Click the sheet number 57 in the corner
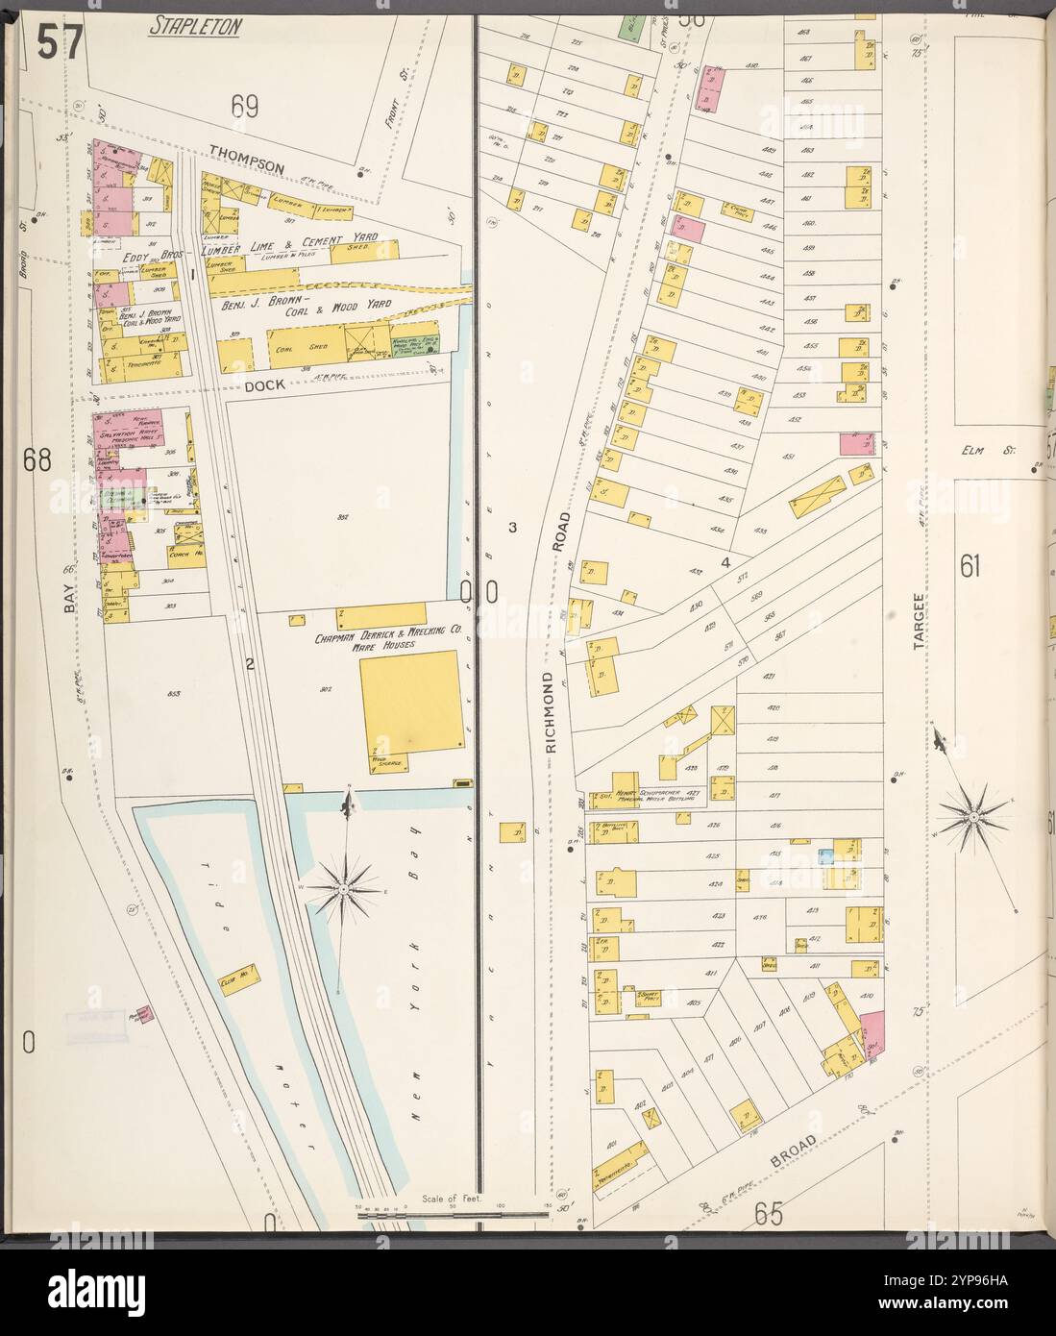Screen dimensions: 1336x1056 [x=61, y=42]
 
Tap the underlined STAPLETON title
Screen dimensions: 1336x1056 [x=194, y=27]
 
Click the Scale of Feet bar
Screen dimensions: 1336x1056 [x=452, y=1216]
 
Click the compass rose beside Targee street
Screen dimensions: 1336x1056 [x=973, y=817]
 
